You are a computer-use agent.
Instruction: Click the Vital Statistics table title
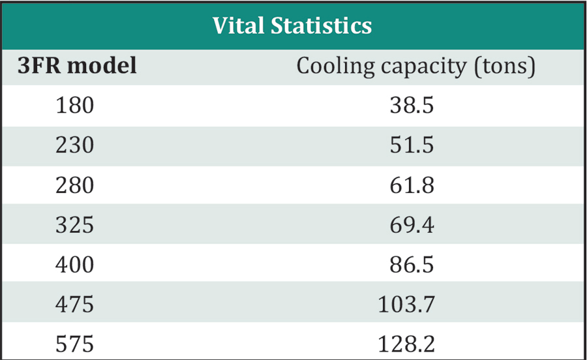point(292,25)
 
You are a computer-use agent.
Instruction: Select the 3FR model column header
point(77,66)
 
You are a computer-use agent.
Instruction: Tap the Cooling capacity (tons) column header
point(416,67)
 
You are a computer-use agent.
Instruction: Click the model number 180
point(75,105)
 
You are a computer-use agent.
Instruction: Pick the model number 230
point(75,145)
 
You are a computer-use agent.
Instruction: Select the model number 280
point(75,185)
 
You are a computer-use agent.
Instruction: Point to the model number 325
point(75,225)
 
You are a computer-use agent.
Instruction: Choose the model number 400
point(75,265)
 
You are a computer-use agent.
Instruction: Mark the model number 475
point(75,305)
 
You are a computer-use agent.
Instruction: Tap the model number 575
point(75,344)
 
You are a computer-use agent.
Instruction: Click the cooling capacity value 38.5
point(412,105)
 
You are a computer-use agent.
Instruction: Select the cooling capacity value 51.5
point(412,145)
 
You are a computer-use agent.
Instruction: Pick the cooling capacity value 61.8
point(412,185)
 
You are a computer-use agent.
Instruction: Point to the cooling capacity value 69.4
point(412,225)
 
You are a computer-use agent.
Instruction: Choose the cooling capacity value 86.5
point(412,265)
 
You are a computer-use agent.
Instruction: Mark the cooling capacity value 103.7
point(407,305)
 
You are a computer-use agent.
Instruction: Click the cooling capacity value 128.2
point(407,344)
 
